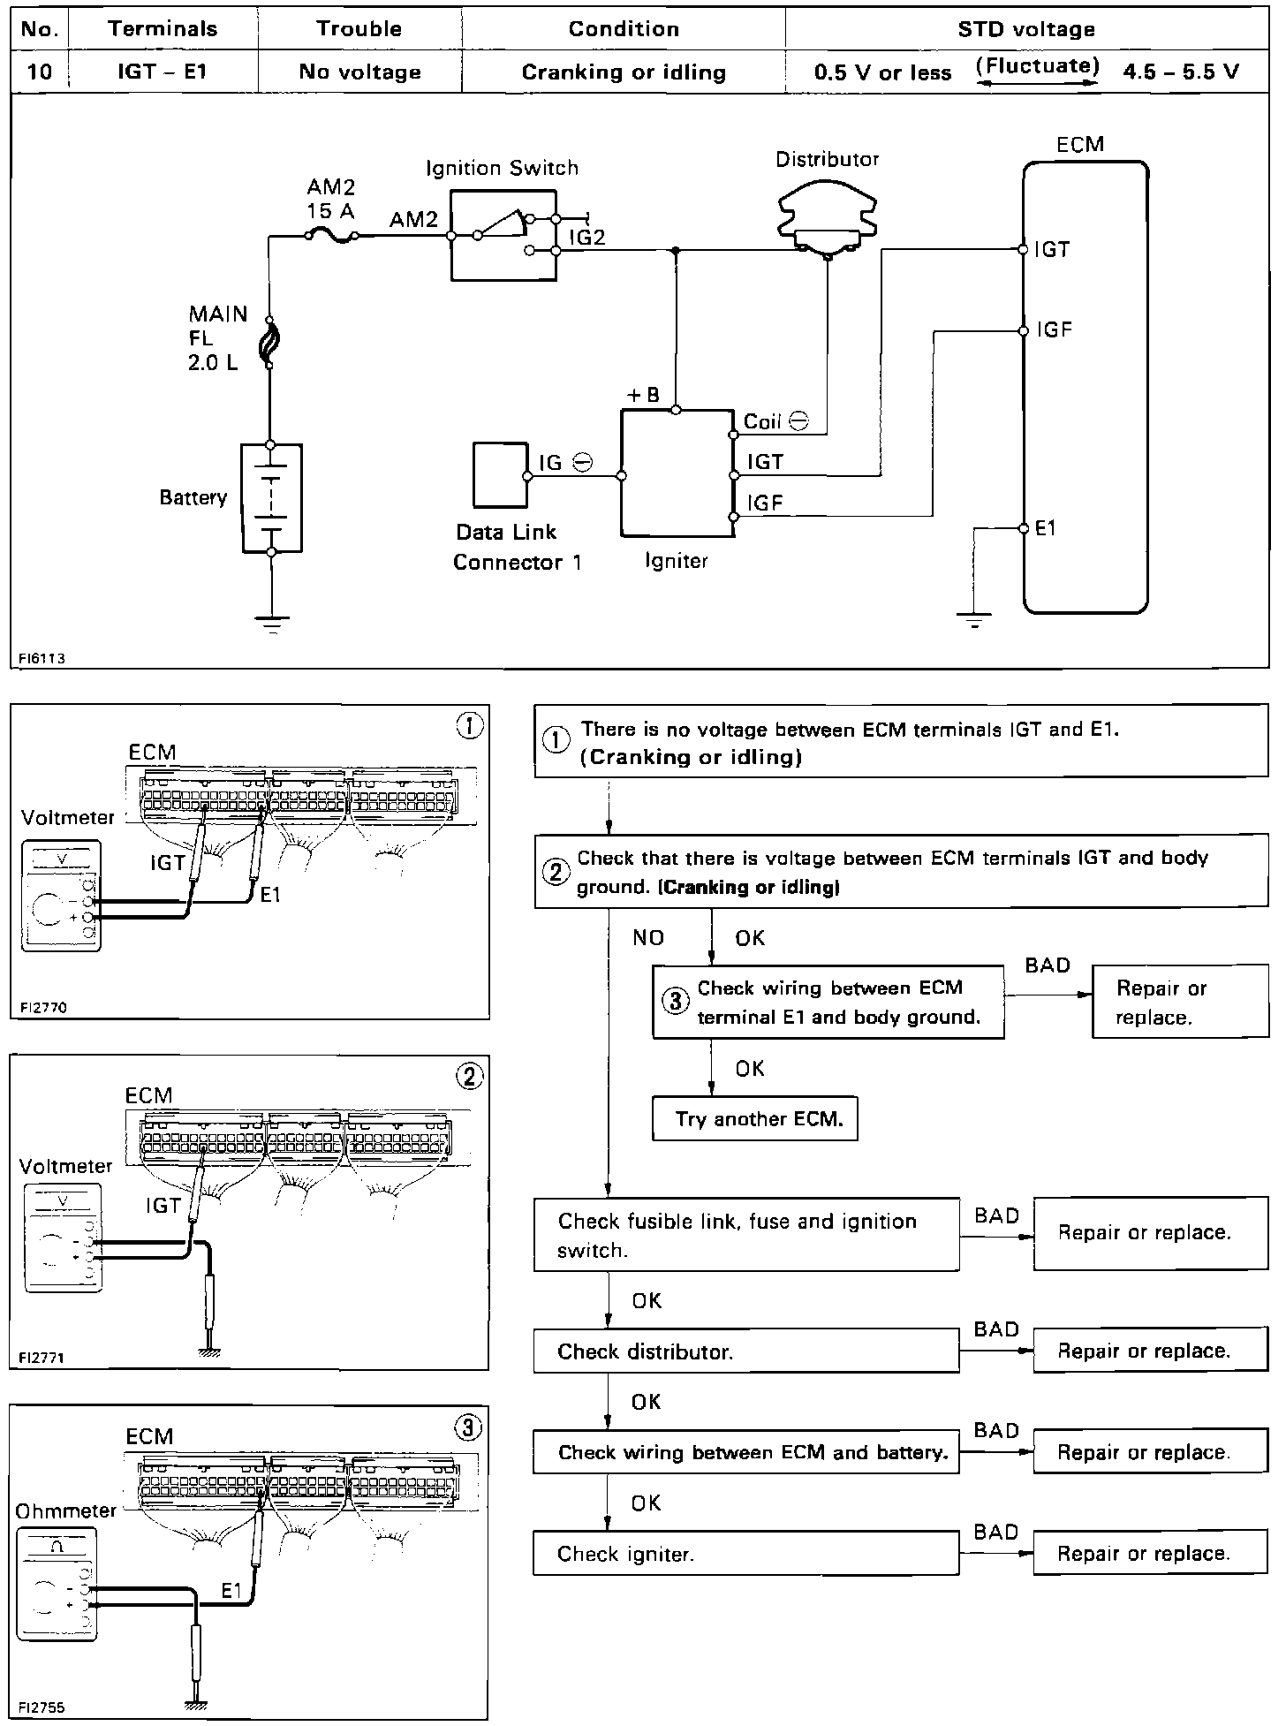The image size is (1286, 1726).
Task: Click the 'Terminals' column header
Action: point(163,29)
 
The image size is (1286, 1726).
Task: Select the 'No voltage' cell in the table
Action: point(359,72)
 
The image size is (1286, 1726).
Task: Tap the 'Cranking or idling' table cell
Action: point(624,72)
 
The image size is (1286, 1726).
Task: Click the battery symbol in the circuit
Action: point(271,498)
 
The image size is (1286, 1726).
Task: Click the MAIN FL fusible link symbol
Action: point(270,344)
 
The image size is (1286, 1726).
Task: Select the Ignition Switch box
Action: point(503,236)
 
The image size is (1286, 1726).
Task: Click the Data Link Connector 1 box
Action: point(501,474)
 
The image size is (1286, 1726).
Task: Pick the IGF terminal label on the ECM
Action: point(1055,331)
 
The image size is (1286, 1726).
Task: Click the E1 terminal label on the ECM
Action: point(1046,528)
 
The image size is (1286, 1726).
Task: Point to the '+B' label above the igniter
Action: point(643,396)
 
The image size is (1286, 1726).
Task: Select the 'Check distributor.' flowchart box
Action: point(746,1352)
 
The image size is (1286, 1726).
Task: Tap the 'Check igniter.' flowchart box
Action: point(746,1554)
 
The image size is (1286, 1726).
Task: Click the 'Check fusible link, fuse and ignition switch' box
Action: point(746,1235)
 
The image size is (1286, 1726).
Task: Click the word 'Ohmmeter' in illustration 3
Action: point(65,1510)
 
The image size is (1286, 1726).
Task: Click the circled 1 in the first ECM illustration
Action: point(469,726)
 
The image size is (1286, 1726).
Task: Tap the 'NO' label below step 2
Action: point(648,938)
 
